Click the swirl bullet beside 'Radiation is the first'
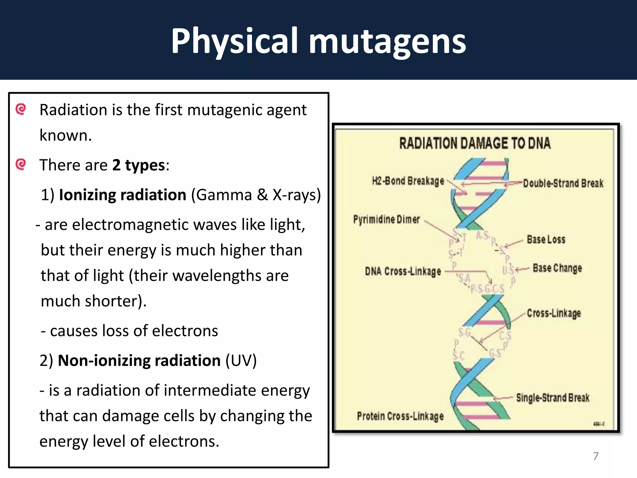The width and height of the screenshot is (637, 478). click(x=21, y=109)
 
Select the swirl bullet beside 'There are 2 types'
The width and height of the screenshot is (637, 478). click(x=21, y=164)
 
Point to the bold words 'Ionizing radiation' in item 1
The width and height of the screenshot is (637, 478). click(x=123, y=195)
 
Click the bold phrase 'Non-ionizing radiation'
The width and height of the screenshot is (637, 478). click(x=139, y=361)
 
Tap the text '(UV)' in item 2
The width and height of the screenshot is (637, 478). click(x=241, y=361)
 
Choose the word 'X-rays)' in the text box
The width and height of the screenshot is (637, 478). click(x=297, y=195)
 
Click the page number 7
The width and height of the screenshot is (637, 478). click(x=596, y=456)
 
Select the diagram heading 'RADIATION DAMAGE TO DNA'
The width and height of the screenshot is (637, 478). click(x=475, y=143)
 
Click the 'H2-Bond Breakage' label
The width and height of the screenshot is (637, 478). click(x=408, y=181)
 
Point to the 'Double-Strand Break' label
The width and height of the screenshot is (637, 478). click(x=563, y=183)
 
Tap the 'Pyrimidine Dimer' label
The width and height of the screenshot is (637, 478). click(x=386, y=219)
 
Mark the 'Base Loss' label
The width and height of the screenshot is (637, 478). click(x=546, y=239)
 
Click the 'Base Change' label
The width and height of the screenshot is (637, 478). click(x=557, y=268)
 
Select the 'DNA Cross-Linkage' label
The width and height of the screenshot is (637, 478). click(x=403, y=271)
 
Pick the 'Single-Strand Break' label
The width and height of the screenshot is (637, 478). click(x=553, y=398)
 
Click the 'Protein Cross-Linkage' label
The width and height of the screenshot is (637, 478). click(x=400, y=416)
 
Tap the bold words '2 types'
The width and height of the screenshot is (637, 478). click(x=138, y=165)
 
